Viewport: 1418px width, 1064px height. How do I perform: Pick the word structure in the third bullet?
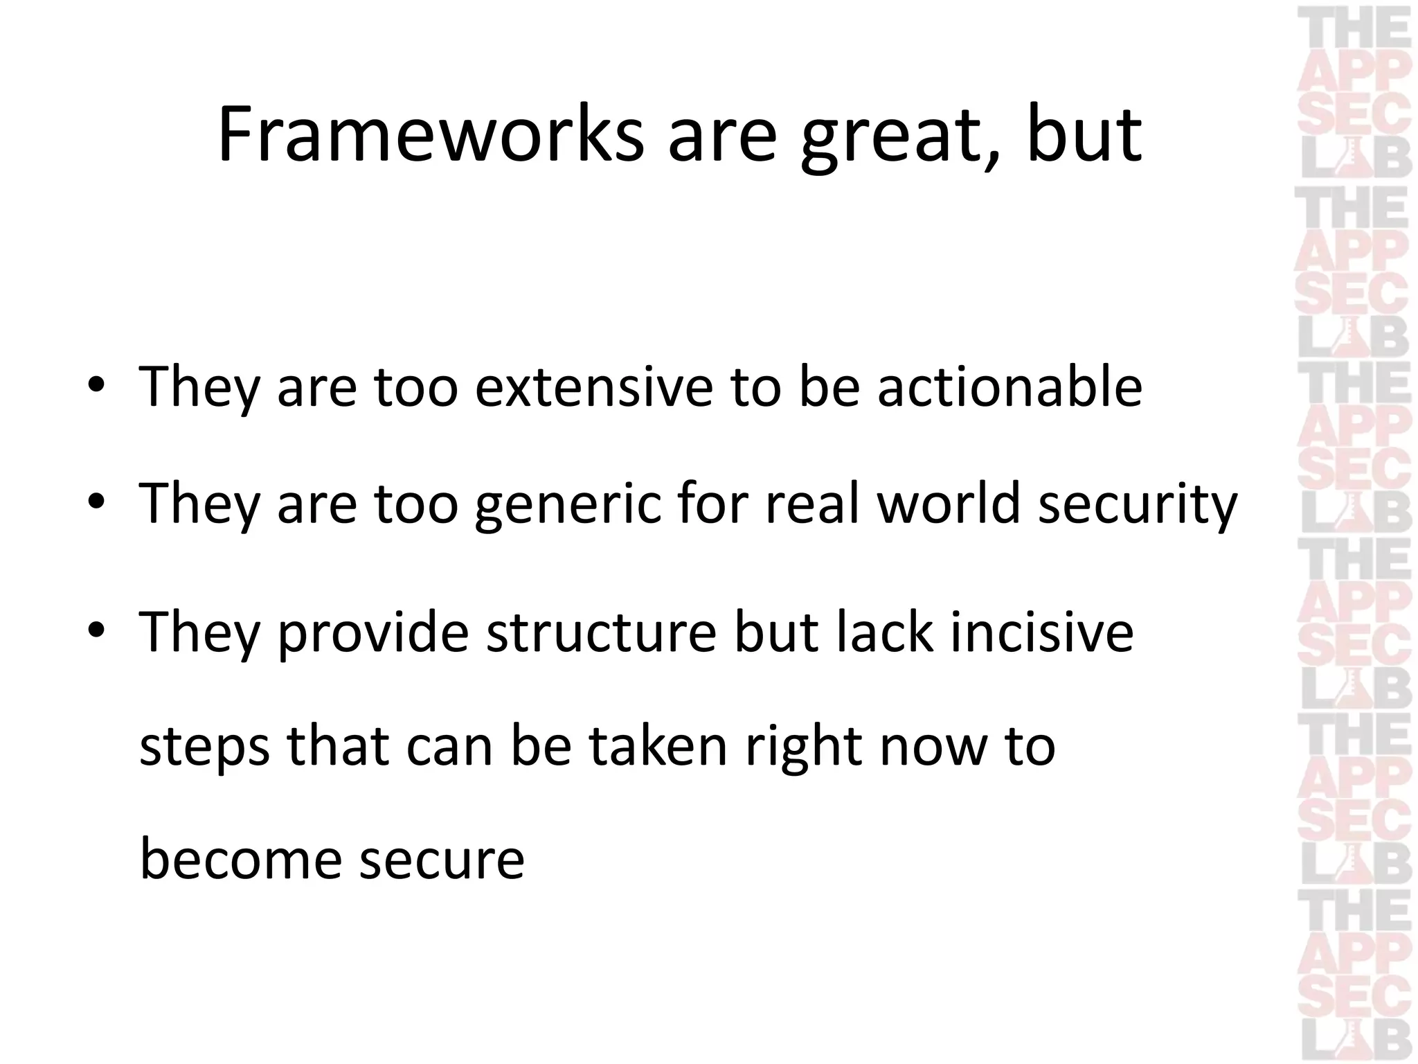601,632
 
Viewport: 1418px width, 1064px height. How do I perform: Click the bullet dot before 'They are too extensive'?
96,385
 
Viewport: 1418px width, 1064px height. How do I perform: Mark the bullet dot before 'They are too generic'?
96,502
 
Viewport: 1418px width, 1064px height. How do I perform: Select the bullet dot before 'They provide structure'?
96,631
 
